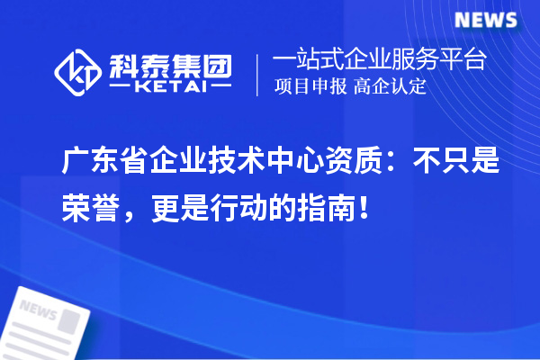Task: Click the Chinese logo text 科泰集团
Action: pyautogui.click(x=170, y=64)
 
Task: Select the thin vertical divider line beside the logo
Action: pyautogui.click(x=258, y=74)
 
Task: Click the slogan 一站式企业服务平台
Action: pyautogui.click(x=380, y=62)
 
